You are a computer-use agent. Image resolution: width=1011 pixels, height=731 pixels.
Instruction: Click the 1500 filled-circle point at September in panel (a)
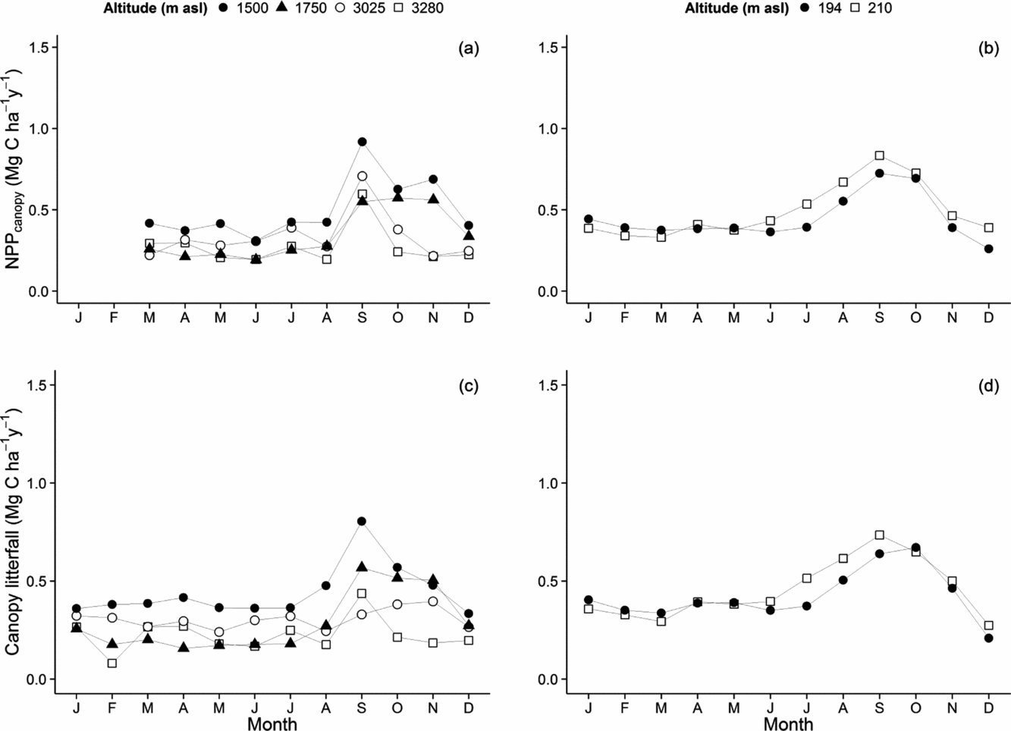pos(362,142)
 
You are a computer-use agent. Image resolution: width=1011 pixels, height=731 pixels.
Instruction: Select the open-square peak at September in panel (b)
pos(879,155)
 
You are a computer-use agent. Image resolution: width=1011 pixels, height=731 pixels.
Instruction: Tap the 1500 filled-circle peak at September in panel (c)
pos(362,521)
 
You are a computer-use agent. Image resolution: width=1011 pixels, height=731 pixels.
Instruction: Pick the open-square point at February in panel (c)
pos(112,663)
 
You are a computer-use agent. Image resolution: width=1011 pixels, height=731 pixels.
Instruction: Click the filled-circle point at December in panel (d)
pos(988,638)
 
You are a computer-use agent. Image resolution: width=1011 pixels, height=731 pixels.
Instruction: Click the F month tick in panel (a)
pos(114,317)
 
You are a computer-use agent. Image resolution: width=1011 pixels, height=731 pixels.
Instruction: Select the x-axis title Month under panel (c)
pos(272,723)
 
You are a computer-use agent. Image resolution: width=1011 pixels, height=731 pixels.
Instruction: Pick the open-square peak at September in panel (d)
pos(879,535)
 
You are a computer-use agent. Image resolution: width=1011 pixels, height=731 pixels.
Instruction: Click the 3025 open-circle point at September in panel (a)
pos(362,176)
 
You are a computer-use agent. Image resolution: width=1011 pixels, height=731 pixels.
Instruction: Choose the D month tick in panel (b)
pos(988,317)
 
